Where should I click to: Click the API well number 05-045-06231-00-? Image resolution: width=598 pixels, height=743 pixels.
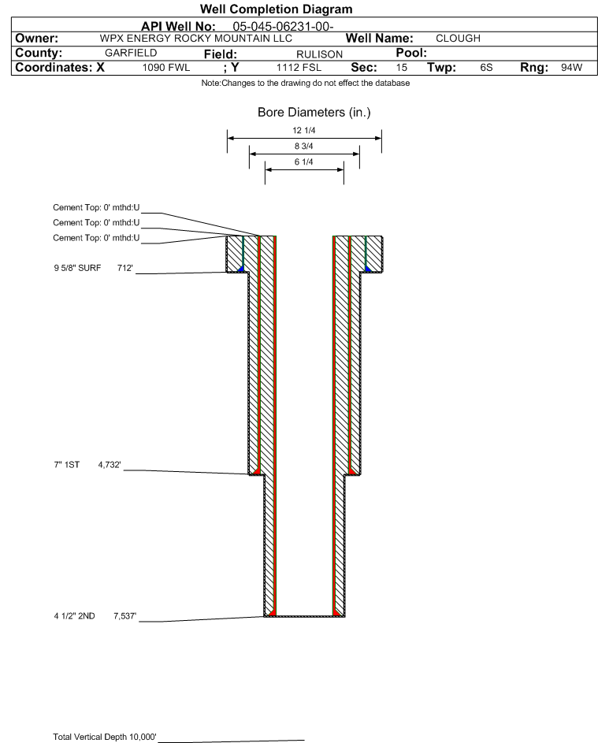pos(283,27)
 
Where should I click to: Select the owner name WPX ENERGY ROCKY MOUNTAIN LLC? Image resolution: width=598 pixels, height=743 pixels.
pos(195,39)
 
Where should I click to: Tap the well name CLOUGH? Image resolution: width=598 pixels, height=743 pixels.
pos(458,39)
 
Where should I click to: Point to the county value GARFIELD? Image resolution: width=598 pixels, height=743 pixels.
pos(131,53)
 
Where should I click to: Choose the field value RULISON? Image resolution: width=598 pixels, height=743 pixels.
pos(319,54)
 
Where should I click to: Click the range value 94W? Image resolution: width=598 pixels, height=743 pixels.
pos(571,67)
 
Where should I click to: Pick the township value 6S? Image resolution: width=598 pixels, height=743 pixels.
pos(486,67)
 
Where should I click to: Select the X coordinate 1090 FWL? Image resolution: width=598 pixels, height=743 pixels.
pos(165,67)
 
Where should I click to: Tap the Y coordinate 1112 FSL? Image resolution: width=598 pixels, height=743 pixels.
pos(299,67)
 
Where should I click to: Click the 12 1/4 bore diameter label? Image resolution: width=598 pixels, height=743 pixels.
pos(304,130)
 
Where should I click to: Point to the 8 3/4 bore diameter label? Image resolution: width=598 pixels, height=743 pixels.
pos(304,146)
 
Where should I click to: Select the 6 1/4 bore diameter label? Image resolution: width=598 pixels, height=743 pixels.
pos(304,162)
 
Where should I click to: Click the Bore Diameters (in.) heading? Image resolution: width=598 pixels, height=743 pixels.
pos(314,113)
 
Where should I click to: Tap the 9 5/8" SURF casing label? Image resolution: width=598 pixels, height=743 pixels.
pos(77,268)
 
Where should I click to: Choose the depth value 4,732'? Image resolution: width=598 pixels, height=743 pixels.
pos(110,465)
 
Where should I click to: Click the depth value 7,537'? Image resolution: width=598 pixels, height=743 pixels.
pos(124,616)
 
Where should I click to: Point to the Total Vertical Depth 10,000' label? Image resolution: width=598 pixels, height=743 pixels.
pos(105,737)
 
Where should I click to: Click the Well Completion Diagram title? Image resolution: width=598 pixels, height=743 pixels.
pos(277,9)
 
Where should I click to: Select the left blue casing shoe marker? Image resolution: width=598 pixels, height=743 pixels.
pos(241,269)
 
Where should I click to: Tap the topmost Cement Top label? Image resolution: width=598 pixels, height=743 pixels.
pos(96,207)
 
